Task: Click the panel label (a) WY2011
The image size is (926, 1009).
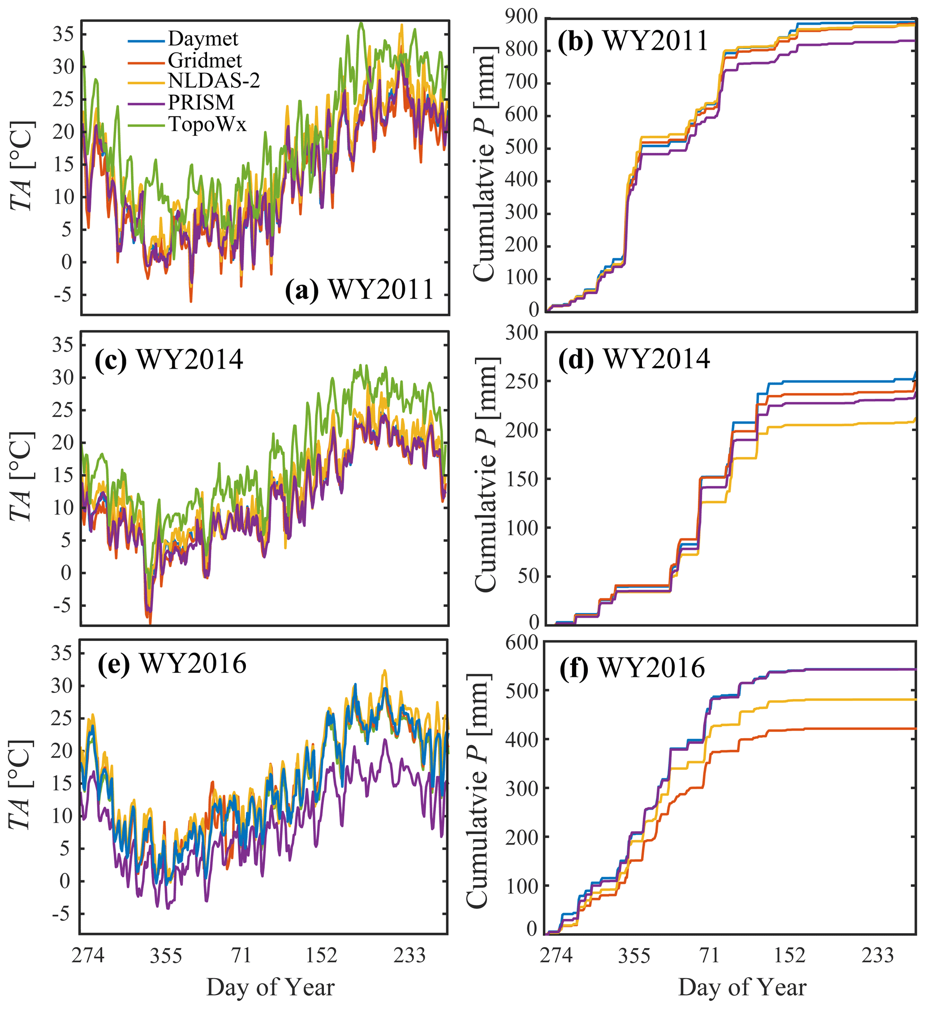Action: coord(359,290)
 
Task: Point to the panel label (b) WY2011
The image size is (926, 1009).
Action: coord(633,41)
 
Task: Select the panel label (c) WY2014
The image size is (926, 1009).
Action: coord(169,360)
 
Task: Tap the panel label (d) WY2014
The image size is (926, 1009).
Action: coord(634,359)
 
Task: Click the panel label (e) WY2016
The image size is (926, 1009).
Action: coord(172,664)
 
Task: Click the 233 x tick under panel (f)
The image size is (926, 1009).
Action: coord(878,956)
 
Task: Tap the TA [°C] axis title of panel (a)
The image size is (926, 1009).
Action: coord(22,165)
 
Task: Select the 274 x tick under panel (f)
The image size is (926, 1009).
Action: coord(556,956)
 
